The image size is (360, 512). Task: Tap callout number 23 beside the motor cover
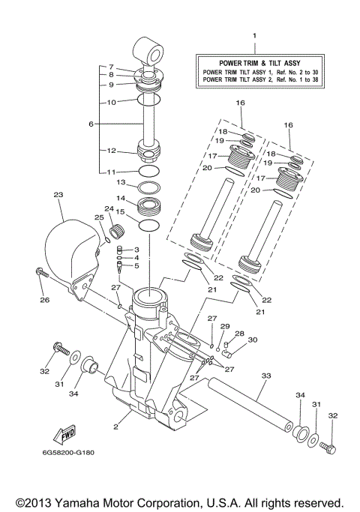(58, 194)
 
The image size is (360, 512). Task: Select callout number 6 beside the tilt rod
(91, 124)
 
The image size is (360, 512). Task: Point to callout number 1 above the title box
(254, 36)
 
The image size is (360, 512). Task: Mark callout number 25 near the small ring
(98, 217)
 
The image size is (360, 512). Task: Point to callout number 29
(224, 327)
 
